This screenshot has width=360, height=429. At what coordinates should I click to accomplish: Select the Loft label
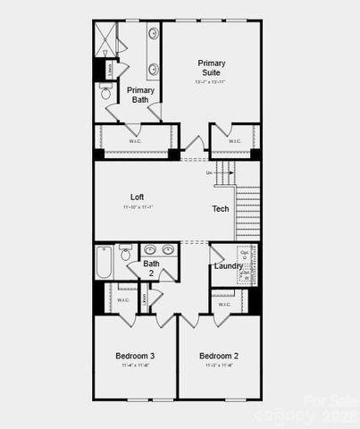(137, 197)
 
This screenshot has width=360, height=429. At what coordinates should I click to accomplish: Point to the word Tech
(220, 209)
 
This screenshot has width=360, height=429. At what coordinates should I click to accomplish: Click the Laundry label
(228, 265)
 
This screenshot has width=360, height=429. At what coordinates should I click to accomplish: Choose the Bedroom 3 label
(136, 356)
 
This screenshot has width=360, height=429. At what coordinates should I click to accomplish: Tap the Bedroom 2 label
(218, 356)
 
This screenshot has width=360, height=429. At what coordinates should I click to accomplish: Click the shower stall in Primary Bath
(105, 41)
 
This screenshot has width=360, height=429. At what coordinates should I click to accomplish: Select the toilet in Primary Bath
(105, 91)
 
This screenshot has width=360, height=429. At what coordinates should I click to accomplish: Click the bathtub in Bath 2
(104, 263)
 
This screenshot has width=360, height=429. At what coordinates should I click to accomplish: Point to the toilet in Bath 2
(126, 253)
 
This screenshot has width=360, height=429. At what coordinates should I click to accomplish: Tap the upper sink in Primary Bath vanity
(153, 34)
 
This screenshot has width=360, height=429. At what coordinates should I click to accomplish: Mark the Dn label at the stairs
(209, 172)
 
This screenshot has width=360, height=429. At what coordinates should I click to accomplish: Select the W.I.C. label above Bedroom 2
(228, 299)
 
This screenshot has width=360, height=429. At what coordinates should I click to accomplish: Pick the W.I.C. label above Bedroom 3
(123, 299)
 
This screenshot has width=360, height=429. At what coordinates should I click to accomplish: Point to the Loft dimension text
(138, 207)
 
